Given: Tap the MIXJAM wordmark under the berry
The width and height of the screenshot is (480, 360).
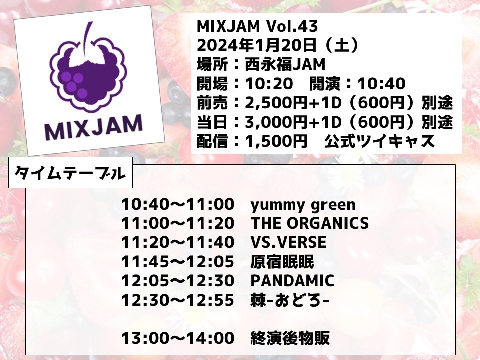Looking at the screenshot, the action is click(x=94, y=127).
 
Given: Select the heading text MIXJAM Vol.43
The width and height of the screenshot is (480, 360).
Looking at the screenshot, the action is click(x=257, y=26).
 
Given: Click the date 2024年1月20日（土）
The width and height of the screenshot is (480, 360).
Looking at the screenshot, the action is click(x=278, y=45).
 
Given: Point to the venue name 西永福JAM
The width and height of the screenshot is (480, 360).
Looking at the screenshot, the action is click(x=285, y=65).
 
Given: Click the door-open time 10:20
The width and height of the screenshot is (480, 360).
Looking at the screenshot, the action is click(x=269, y=84).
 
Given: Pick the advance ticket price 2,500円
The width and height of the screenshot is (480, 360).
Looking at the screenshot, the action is click(x=276, y=103).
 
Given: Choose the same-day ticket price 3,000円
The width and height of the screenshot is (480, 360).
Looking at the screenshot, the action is click(x=276, y=122).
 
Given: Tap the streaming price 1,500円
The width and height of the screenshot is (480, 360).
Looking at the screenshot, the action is click(x=276, y=141).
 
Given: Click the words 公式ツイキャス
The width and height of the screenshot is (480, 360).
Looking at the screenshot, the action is click(x=379, y=141).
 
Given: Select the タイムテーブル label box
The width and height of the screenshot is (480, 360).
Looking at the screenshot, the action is click(x=70, y=173).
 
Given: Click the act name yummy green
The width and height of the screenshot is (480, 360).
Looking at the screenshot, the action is click(x=303, y=205).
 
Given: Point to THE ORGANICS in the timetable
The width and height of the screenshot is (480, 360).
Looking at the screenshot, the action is click(x=310, y=223).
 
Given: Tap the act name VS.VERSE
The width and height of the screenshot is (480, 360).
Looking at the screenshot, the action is click(x=288, y=242).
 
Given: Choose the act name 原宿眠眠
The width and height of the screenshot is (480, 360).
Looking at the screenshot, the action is click(x=282, y=262).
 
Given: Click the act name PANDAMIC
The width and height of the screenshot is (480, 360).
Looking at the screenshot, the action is click(x=292, y=281).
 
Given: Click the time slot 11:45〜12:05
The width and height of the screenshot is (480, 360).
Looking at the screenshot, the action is click(x=178, y=262).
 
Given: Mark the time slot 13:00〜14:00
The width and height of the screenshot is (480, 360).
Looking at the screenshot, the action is click(x=178, y=338).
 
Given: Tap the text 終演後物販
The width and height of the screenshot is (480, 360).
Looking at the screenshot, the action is click(x=290, y=338).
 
